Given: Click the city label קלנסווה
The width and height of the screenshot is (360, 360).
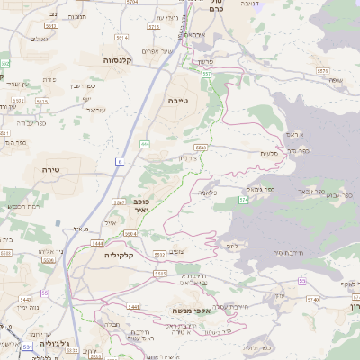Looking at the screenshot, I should point(118,60).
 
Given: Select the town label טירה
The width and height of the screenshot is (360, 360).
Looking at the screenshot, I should point(49,168).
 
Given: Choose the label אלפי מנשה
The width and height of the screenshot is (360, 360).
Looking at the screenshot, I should point(190,310).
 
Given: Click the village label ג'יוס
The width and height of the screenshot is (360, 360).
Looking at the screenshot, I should point(232,245).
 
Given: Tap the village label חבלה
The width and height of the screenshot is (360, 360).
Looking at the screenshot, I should point(113,322).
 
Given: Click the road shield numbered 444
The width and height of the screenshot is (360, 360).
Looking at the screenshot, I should point(145,143).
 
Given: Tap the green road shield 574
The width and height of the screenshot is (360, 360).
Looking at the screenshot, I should point(243,199).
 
